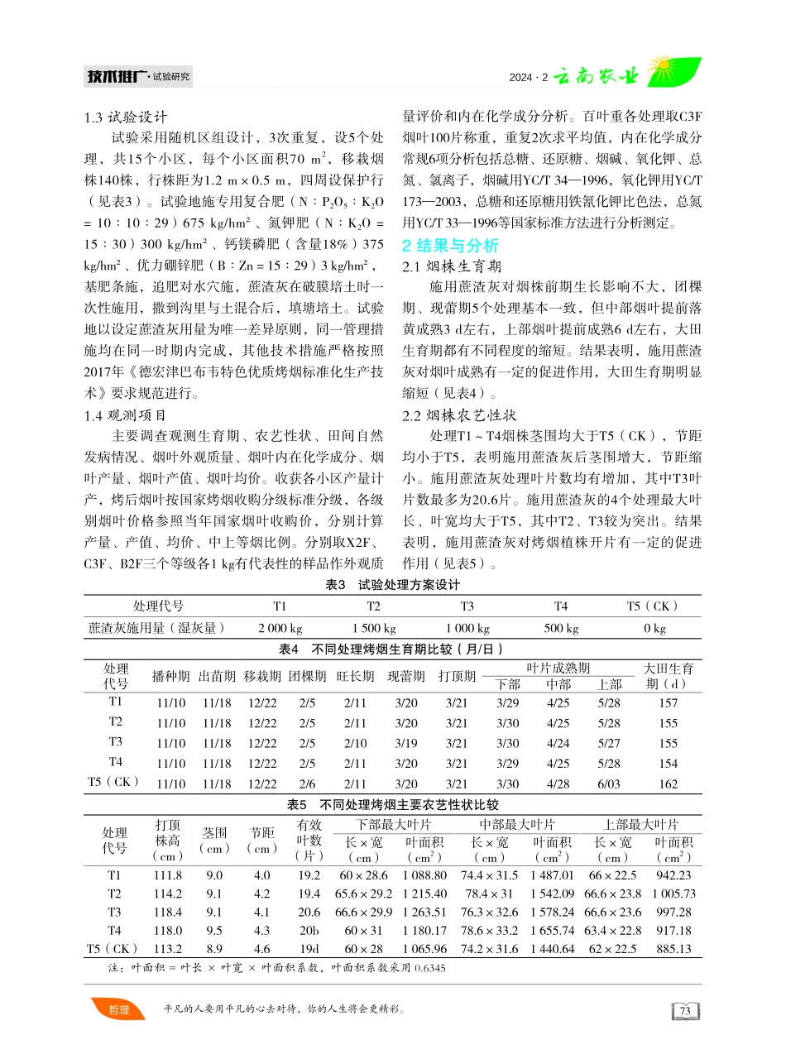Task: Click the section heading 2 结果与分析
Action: (x=450, y=246)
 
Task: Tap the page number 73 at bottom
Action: (x=684, y=1010)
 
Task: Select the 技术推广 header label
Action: (x=116, y=78)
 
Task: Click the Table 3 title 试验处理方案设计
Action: (x=392, y=585)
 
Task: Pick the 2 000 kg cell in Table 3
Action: (x=280, y=628)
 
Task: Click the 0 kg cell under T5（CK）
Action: (x=654, y=628)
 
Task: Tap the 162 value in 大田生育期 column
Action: (x=668, y=783)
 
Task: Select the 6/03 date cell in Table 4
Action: (x=609, y=783)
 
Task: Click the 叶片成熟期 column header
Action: (x=558, y=668)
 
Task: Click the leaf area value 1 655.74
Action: (x=552, y=930)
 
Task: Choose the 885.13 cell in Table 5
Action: (x=673, y=949)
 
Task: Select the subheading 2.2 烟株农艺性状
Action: (x=459, y=414)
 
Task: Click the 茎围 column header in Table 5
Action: (x=214, y=834)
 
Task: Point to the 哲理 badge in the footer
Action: (x=118, y=1009)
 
